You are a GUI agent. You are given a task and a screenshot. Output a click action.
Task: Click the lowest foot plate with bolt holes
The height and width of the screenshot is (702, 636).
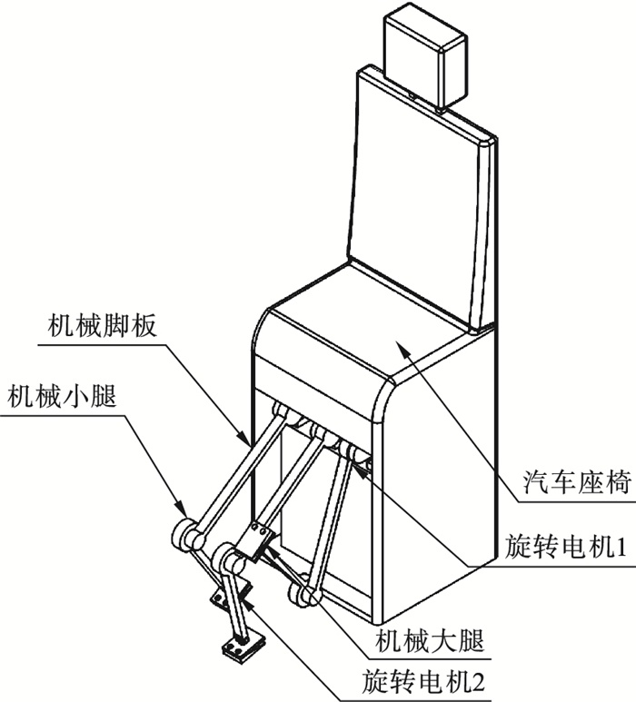coord(239,647)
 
